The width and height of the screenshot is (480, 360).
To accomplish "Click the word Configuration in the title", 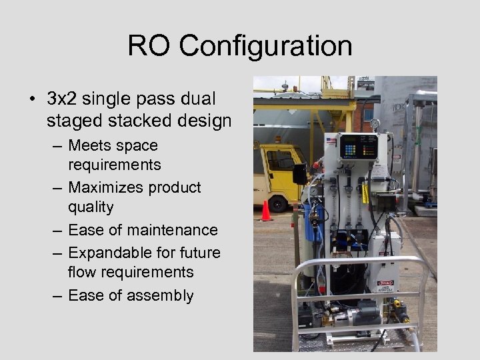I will coord(265,47).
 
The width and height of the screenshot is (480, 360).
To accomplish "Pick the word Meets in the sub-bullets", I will coord(89,145).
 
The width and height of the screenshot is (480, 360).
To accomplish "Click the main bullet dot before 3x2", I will coord(32,100).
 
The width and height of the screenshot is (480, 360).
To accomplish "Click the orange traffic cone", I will coord(265,211).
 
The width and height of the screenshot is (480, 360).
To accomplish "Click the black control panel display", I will coord(358,145).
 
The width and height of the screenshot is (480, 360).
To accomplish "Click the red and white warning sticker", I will coord(385,283).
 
